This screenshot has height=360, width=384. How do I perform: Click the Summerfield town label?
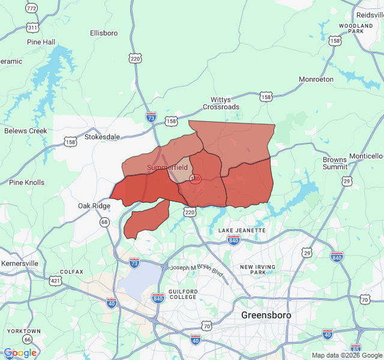pyautogui.click(x=167, y=167)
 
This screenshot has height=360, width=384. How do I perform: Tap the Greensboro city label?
pyautogui.click(x=266, y=315)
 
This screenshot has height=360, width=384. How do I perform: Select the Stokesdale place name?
pyautogui.click(x=102, y=137)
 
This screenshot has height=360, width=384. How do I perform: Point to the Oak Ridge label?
pyautogui.click(x=94, y=206)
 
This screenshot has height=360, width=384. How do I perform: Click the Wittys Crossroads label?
pyautogui.click(x=225, y=103)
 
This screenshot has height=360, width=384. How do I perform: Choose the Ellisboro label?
pyautogui.click(x=104, y=33)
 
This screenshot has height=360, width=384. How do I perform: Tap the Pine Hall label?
pyautogui.click(x=41, y=42)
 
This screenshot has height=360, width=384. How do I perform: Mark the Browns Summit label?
pyautogui.click(x=335, y=163)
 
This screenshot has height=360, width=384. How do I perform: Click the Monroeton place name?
pyautogui.click(x=316, y=79)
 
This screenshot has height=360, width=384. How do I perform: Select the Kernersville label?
pyautogui.click(x=20, y=263)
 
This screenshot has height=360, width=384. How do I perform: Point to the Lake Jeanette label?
pyautogui.click(x=242, y=230)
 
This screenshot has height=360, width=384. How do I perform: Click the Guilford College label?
pyautogui.click(x=183, y=295)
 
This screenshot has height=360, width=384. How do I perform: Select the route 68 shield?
pyautogui.click(x=104, y=223)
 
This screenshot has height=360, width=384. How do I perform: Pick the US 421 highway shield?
pyautogui.click(x=55, y=280)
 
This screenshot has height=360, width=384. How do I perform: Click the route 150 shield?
pyautogui.click(x=195, y=179)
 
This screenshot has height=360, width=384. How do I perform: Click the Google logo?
pyautogui.click(x=20, y=353)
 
